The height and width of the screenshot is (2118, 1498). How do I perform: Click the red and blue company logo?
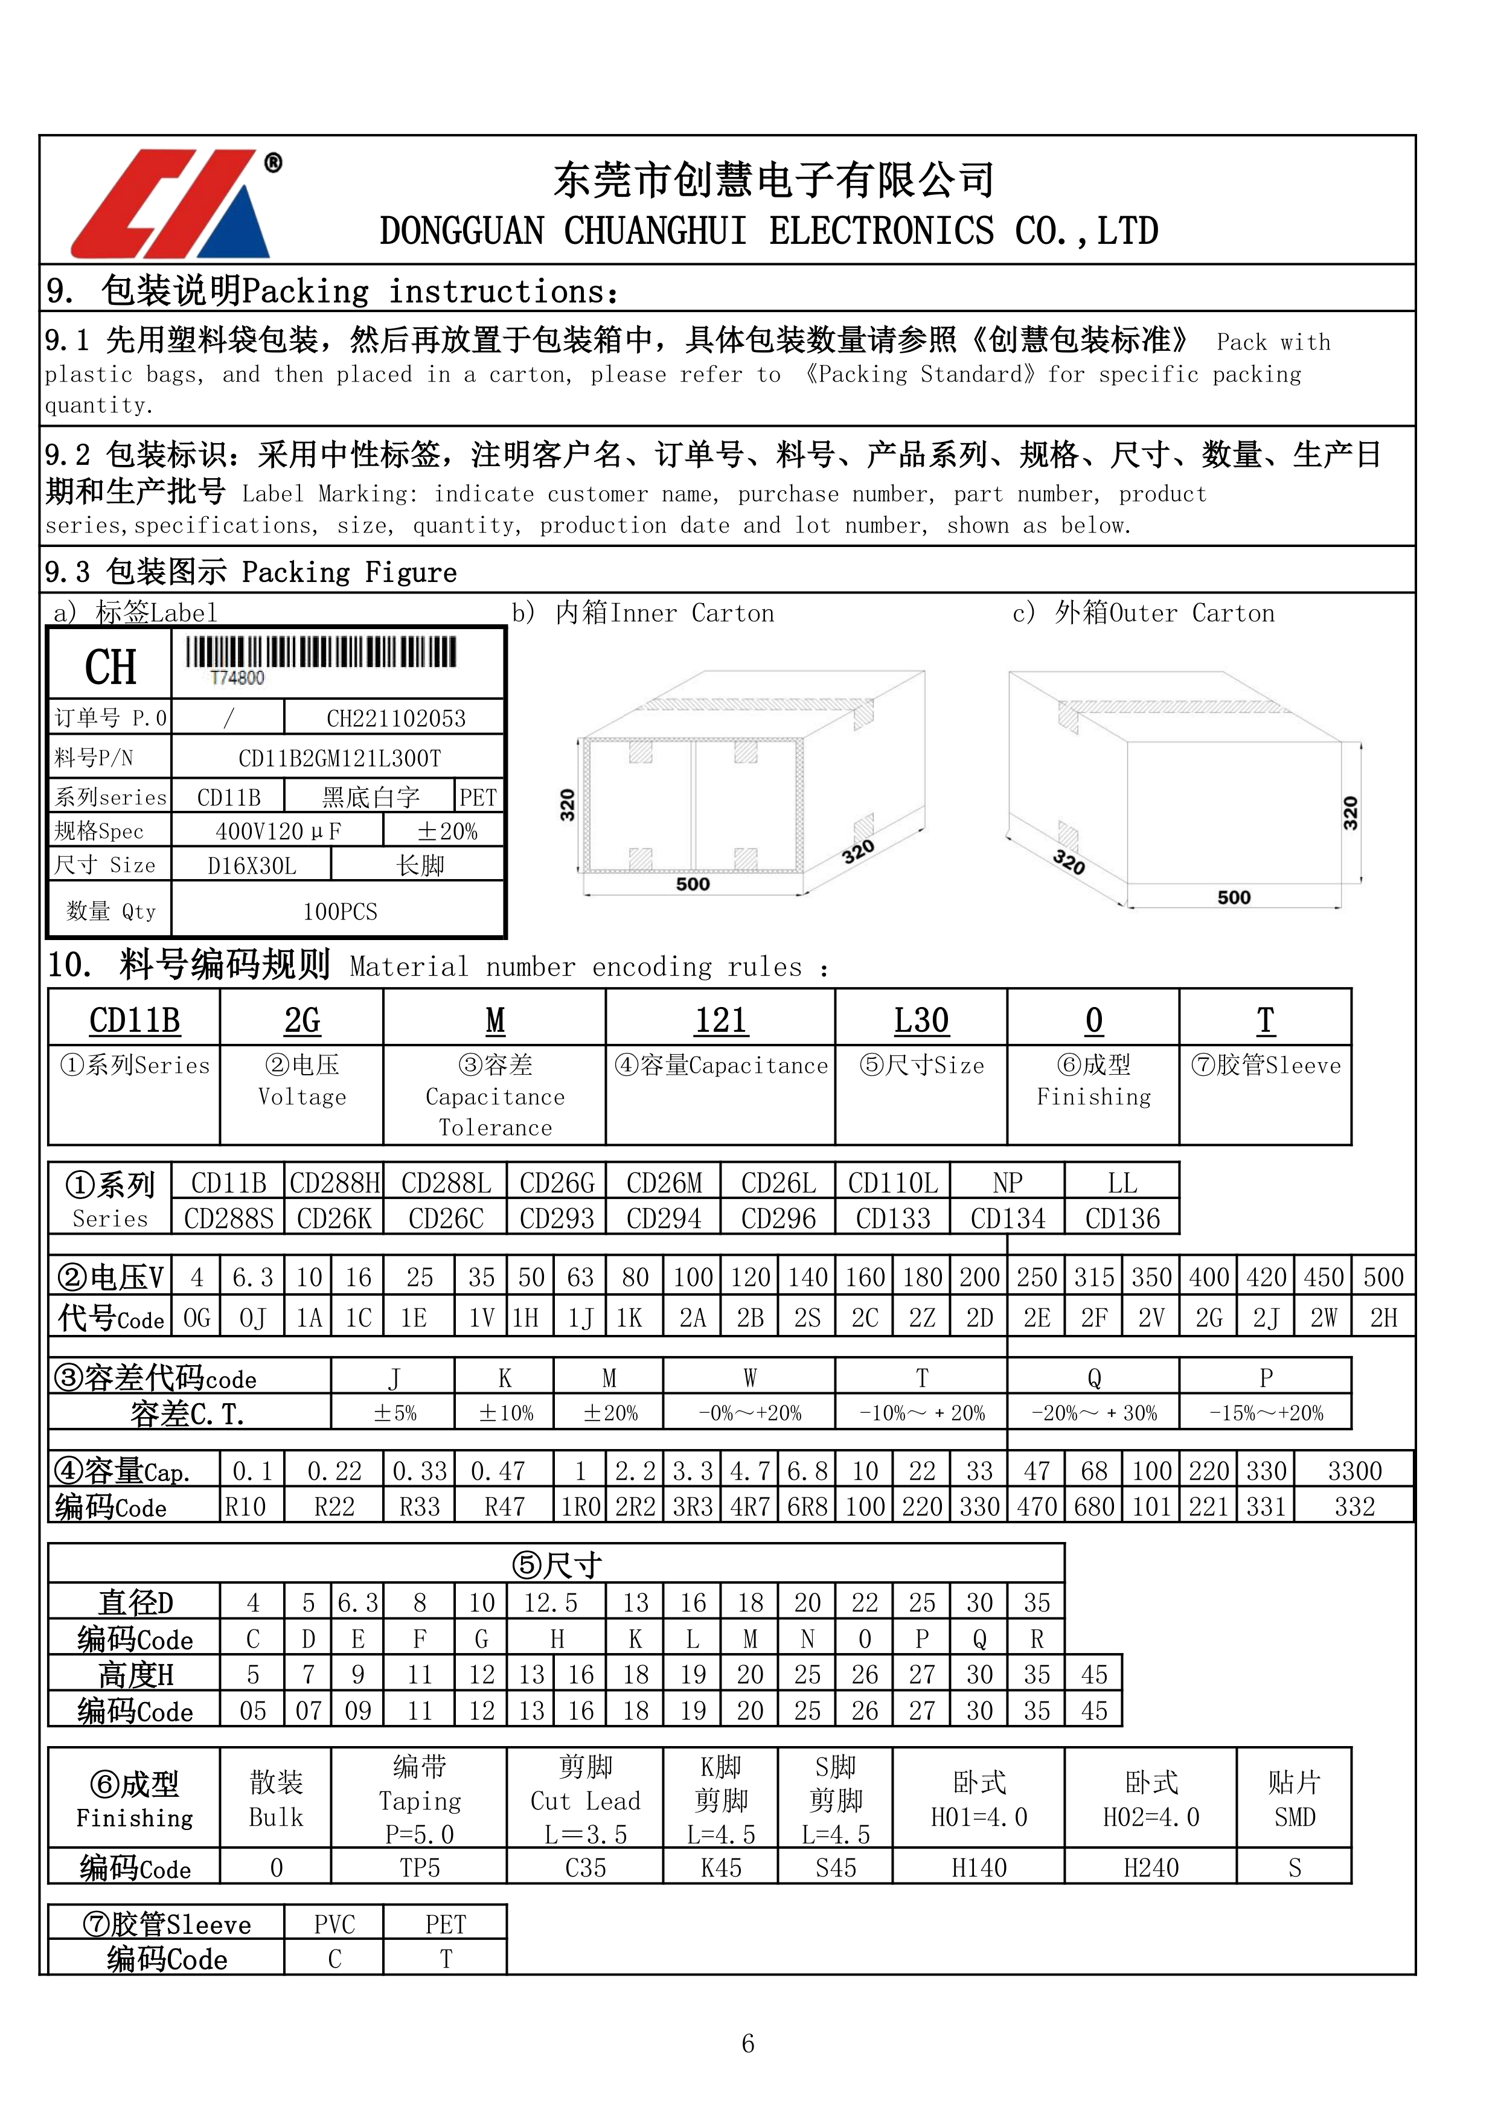[x=171, y=203]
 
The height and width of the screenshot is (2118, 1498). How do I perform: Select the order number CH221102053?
[x=395, y=718]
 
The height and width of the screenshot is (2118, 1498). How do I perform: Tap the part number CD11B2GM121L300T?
[x=339, y=758]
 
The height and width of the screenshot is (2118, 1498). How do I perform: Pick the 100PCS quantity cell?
[x=339, y=912]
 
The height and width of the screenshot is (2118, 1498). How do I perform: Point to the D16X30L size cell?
[x=252, y=865]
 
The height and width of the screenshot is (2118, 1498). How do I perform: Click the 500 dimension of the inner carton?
[x=693, y=884]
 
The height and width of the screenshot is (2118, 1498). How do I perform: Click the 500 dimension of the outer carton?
[x=1234, y=898]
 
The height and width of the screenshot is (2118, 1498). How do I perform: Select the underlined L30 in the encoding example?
[x=921, y=1020]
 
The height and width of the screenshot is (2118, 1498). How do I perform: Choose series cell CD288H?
[x=334, y=1183]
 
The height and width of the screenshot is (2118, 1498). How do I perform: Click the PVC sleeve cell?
[x=334, y=1924]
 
